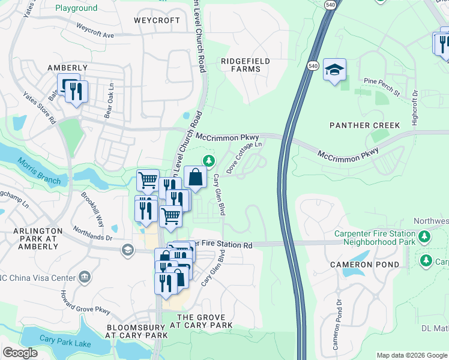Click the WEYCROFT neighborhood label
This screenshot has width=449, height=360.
pos(157,20)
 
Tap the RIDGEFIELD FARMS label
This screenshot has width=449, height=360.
pos(245,65)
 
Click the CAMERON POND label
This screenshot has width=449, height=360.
pos(364,265)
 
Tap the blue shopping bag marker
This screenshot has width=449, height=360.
pos(195,177)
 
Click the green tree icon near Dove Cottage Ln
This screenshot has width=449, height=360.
pos(208,160)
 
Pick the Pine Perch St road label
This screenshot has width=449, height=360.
pos(382,86)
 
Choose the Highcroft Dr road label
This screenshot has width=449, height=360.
pos(414,108)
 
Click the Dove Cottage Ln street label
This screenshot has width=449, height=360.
pos(245,158)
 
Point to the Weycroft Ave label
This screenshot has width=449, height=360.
pos(95,31)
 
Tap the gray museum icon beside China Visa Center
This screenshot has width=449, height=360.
pos(85,277)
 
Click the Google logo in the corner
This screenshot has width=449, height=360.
pos(20,352)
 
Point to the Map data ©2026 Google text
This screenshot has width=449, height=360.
pos(412,355)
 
